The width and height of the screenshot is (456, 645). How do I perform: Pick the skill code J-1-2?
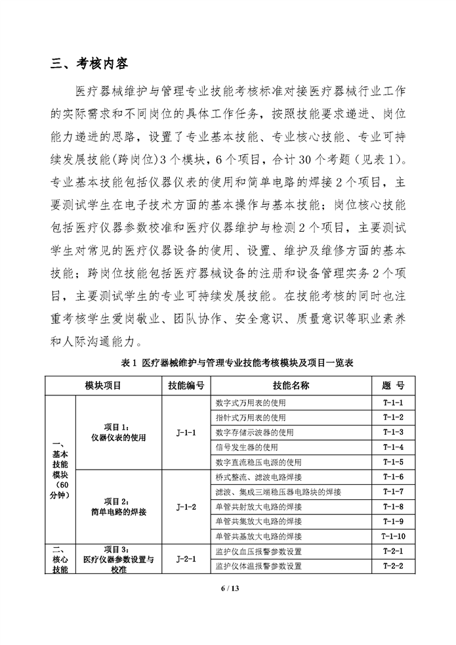click(x=186, y=506)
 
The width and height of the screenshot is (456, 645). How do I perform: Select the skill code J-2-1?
click(x=186, y=558)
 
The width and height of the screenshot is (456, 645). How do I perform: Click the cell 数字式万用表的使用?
click(x=250, y=402)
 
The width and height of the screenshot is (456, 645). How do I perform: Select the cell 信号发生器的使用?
click(x=247, y=447)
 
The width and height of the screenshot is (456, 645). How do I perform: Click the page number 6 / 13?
click(x=228, y=588)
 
